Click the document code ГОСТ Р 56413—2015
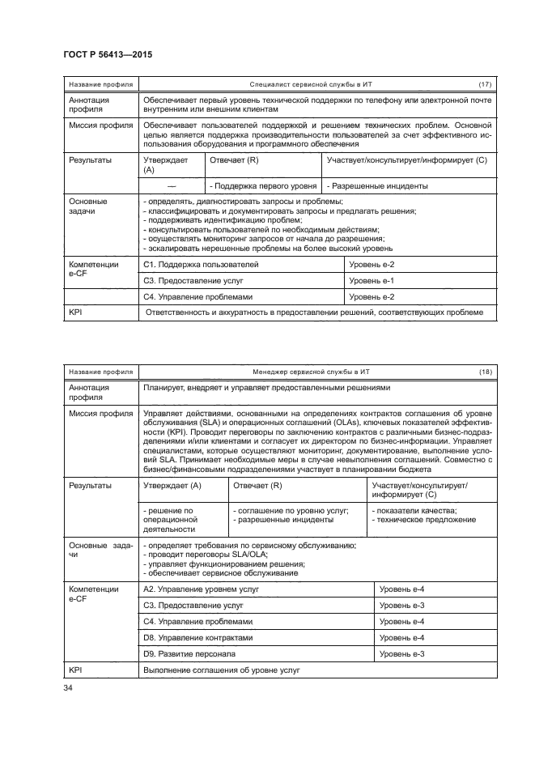tap(108, 54)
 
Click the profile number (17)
tap(485, 84)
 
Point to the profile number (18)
tap(485, 371)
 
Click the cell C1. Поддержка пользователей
tap(201, 265)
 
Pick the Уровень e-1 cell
tap(372, 281)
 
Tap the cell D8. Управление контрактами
tap(198, 638)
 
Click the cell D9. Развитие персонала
tap(190, 654)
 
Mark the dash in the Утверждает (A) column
tap(171, 185)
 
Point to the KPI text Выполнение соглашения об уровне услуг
tap(222, 671)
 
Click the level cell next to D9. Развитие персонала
tap(402, 654)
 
